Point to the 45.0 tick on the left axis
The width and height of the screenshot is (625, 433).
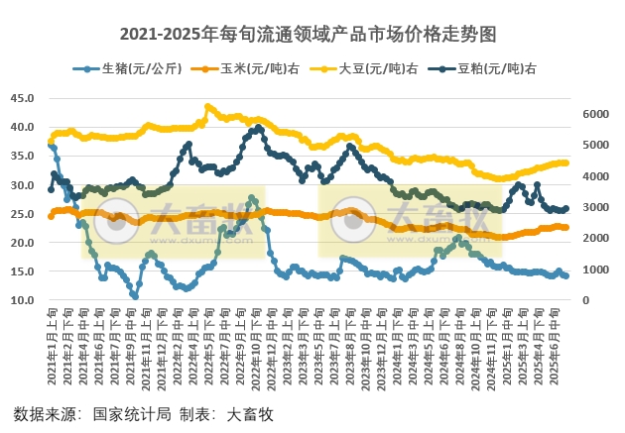coord(23,98)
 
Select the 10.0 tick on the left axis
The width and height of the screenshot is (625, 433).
coord(23,300)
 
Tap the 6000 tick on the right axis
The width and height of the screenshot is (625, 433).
coord(593,114)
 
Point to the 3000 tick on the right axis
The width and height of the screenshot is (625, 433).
coord(593,207)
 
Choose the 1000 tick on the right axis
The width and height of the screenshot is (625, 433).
coord(593,270)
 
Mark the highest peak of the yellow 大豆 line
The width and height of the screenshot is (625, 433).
coord(207,106)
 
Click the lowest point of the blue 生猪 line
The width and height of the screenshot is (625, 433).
coord(134,295)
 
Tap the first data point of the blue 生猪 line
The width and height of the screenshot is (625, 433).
coord(51,146)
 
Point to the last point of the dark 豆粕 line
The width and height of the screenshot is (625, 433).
coord(566,209)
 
